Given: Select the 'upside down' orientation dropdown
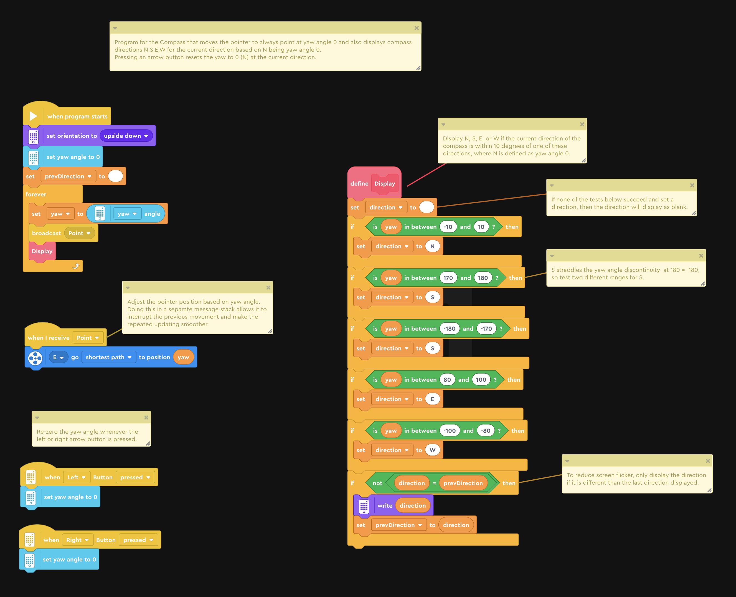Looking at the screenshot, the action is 126,136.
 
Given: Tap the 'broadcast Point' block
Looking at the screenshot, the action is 64,233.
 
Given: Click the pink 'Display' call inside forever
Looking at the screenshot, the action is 42,251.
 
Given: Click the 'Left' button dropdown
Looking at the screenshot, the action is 76,477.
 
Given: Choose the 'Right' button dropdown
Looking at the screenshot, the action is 77,540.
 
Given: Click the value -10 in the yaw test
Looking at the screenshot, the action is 448,227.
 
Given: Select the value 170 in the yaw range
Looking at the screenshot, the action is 448,278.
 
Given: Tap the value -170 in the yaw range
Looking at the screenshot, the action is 486,329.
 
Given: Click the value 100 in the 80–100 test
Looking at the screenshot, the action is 481,380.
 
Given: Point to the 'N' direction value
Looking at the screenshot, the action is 432,246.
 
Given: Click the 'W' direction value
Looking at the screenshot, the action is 432,450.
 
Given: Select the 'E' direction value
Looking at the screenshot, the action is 432,399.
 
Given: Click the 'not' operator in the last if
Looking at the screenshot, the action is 377,483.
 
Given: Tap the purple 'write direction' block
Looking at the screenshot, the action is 394,505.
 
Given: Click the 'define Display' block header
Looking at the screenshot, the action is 374,183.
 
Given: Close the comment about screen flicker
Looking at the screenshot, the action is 708,461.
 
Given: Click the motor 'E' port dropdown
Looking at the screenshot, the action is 58,357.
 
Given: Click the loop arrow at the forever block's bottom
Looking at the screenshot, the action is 76,266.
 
